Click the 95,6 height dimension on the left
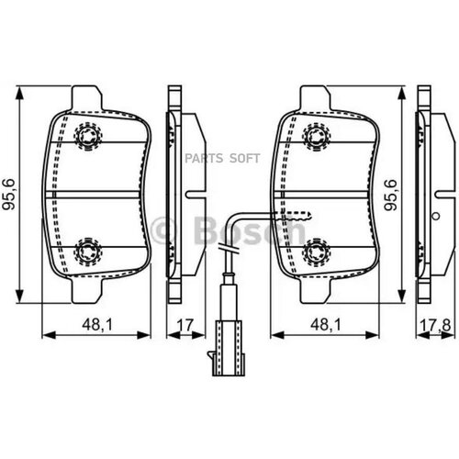(x=8, y=195)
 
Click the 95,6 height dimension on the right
(x=391, y=195)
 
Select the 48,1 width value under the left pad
(x=97, y=324)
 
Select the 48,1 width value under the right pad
(x=326, y=324)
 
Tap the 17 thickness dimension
(x=185, y=325)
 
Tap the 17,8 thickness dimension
(x=435, y=326)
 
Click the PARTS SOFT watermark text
(x=222, y=158)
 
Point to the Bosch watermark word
(x=250, y=230)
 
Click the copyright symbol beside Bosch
(x=164, y=230)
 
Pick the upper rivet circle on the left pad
(x=88, y=136)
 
